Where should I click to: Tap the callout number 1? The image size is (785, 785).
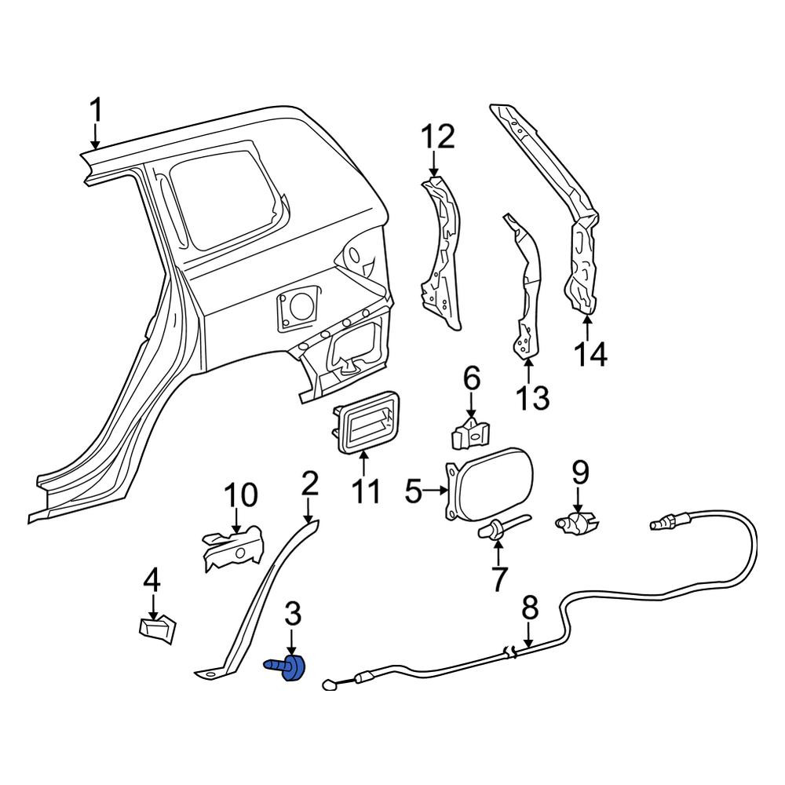point(95,111)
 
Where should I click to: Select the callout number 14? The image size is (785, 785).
point(590,355)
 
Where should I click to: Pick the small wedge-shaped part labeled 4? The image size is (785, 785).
point(157,630)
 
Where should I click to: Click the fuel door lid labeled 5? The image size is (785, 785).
point(490,484)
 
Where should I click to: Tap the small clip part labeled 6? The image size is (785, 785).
point(470,433)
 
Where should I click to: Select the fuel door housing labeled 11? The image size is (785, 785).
point(366,423)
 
